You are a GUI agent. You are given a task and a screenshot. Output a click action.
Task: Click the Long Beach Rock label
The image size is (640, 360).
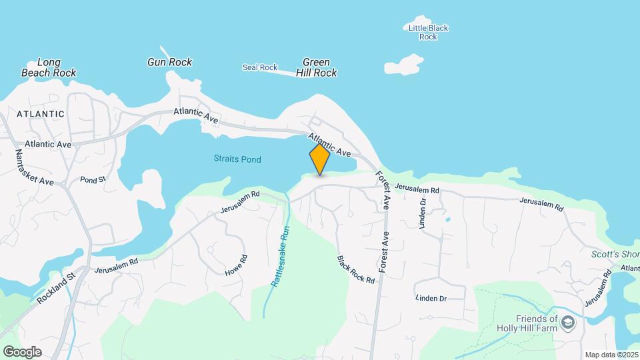coord(49,67)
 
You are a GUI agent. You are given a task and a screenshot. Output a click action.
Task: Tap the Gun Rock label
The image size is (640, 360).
coord(169,62)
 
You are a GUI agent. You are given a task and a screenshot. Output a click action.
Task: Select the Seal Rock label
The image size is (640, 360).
coord(259,67)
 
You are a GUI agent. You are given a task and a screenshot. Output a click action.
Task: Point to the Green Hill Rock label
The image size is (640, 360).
coord(316,67)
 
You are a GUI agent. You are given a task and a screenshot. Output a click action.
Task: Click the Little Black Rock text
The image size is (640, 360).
coord(428,32)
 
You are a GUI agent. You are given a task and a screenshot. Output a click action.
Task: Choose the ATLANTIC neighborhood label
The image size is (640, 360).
coord(41,114)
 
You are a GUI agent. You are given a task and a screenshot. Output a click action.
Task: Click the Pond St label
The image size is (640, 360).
coord(93,180)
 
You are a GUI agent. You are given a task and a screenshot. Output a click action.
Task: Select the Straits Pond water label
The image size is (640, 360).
coord(237,159)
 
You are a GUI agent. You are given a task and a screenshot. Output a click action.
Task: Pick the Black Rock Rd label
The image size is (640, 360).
coord(355,269)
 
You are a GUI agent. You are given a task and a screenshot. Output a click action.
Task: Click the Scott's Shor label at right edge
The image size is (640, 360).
coord(615,255)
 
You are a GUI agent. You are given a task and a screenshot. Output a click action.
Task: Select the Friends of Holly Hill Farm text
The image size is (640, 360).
coord(527,323)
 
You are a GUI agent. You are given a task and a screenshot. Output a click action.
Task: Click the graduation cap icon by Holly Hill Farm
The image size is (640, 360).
coord(567,323)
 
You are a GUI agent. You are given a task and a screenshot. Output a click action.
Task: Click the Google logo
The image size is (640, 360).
coord(22,351)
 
